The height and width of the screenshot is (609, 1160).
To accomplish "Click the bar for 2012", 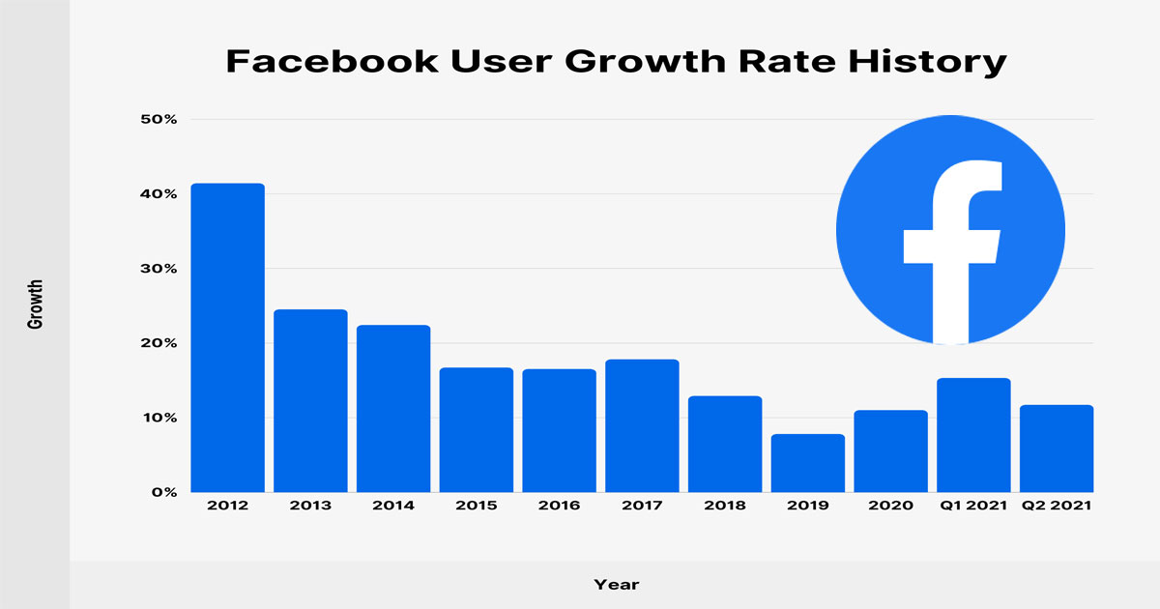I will pyautogui.click(x=227, y=337).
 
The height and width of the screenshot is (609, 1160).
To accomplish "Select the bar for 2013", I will pyautogui.click(x=310, y=400).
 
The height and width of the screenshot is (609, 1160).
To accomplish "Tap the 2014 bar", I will pyautogui.click(x=393, y=408).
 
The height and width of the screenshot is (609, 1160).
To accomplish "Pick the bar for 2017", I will pyautogui.click(x=642, y=425).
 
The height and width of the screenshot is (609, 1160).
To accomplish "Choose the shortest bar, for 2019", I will pyautogui.click(x=808, y=463).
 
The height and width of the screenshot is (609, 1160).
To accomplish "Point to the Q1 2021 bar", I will pyautogui.click(x=973, y=435).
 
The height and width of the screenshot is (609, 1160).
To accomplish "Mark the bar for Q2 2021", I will pyautogui.click(x=1057, y=449).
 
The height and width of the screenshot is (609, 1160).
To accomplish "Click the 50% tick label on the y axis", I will pyautogui.click(x=158, y=120).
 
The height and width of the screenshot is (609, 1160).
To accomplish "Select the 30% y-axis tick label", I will pyautogui.click(x=158, y=269).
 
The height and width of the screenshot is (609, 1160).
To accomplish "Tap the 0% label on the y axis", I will pyautogui.click(x=162, y=492).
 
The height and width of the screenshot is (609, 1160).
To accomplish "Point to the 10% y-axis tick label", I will pyautogui.click(x=158, y=418).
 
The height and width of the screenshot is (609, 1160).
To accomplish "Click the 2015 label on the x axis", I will pyautogui.click(x=476, y=507).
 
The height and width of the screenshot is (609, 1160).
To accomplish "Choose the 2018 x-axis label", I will pyautogui.click(x=725, y=507).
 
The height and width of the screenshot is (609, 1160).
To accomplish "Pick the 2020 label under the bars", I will pyautogui.click(x=890, y=507).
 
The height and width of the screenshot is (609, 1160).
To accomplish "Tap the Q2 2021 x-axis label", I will pyautogui.click(x=1057, y=507).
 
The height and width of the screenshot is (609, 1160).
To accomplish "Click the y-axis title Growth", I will pyautogui.click(x=35, y=305).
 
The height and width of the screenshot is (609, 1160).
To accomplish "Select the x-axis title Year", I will pyautogui.click(x=617, y=584).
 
